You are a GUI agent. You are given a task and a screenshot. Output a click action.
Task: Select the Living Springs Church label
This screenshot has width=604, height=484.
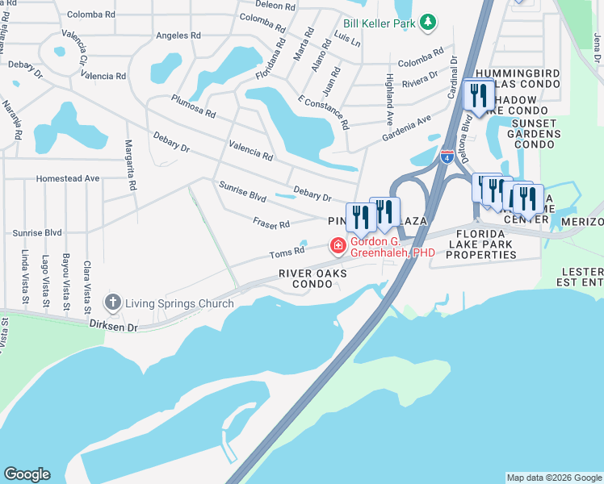pyautogui.click(x=179, y=304)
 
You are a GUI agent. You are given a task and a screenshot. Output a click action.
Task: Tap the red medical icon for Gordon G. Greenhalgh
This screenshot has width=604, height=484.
pyautogui.click(x=338, y=244)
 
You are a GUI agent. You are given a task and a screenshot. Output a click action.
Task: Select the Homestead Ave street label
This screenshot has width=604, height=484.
pyautogui.click(x=68, y=178)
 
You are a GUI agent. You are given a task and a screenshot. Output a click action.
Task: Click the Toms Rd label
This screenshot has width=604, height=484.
pyautogui.click(x=287, y=252)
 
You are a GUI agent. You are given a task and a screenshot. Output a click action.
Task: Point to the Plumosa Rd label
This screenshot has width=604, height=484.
pyautogui.click(x=193, y=106)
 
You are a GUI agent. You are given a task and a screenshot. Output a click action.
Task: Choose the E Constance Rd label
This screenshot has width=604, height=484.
pyautogui.click(x=322, y=111)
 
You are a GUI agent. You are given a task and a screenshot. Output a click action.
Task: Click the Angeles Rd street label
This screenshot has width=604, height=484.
pyautogui.click(x=178, y=35)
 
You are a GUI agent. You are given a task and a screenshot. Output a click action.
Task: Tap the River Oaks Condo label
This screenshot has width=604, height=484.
pyautogui.click(x=312, y=278)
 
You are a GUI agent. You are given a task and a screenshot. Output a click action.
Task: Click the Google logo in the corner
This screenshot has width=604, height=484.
pyautogui.click(x=27, y=474)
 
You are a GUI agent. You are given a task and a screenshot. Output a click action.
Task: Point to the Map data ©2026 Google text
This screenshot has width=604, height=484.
pyautogui.click(x=554, y=478)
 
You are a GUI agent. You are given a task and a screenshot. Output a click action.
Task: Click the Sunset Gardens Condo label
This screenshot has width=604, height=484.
pyautogui.click(x=537, y=133)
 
